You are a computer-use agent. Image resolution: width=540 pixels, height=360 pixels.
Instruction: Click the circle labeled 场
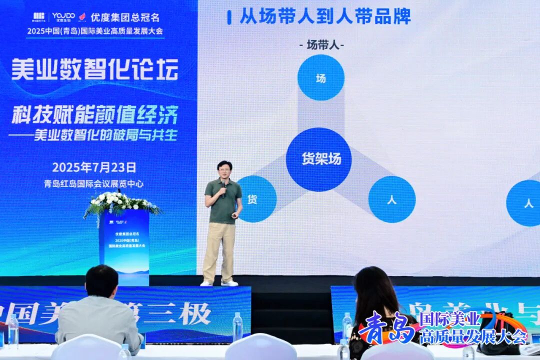coord(320,78)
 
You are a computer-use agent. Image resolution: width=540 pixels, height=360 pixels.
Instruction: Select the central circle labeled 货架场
coord(319,159)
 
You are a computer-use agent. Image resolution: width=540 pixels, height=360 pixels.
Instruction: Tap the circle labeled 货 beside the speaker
coord(256,199)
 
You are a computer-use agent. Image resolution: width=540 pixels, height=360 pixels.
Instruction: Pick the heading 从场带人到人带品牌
coord(325,16)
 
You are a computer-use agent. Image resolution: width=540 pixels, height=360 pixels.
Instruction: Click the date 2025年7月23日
coord(94,167)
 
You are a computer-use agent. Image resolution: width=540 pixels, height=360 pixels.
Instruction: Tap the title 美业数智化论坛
coord(94,69)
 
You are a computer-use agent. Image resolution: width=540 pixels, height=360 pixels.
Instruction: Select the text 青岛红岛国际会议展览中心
coord(94,183)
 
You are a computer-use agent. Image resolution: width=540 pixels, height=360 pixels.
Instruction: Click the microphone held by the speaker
coord(223,186)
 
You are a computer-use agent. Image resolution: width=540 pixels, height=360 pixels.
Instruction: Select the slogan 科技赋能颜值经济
coord(94,115)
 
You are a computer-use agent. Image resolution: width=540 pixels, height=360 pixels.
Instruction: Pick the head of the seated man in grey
coord(101,281)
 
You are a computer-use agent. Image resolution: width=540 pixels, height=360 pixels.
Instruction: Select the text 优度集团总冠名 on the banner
coord(125,17)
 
